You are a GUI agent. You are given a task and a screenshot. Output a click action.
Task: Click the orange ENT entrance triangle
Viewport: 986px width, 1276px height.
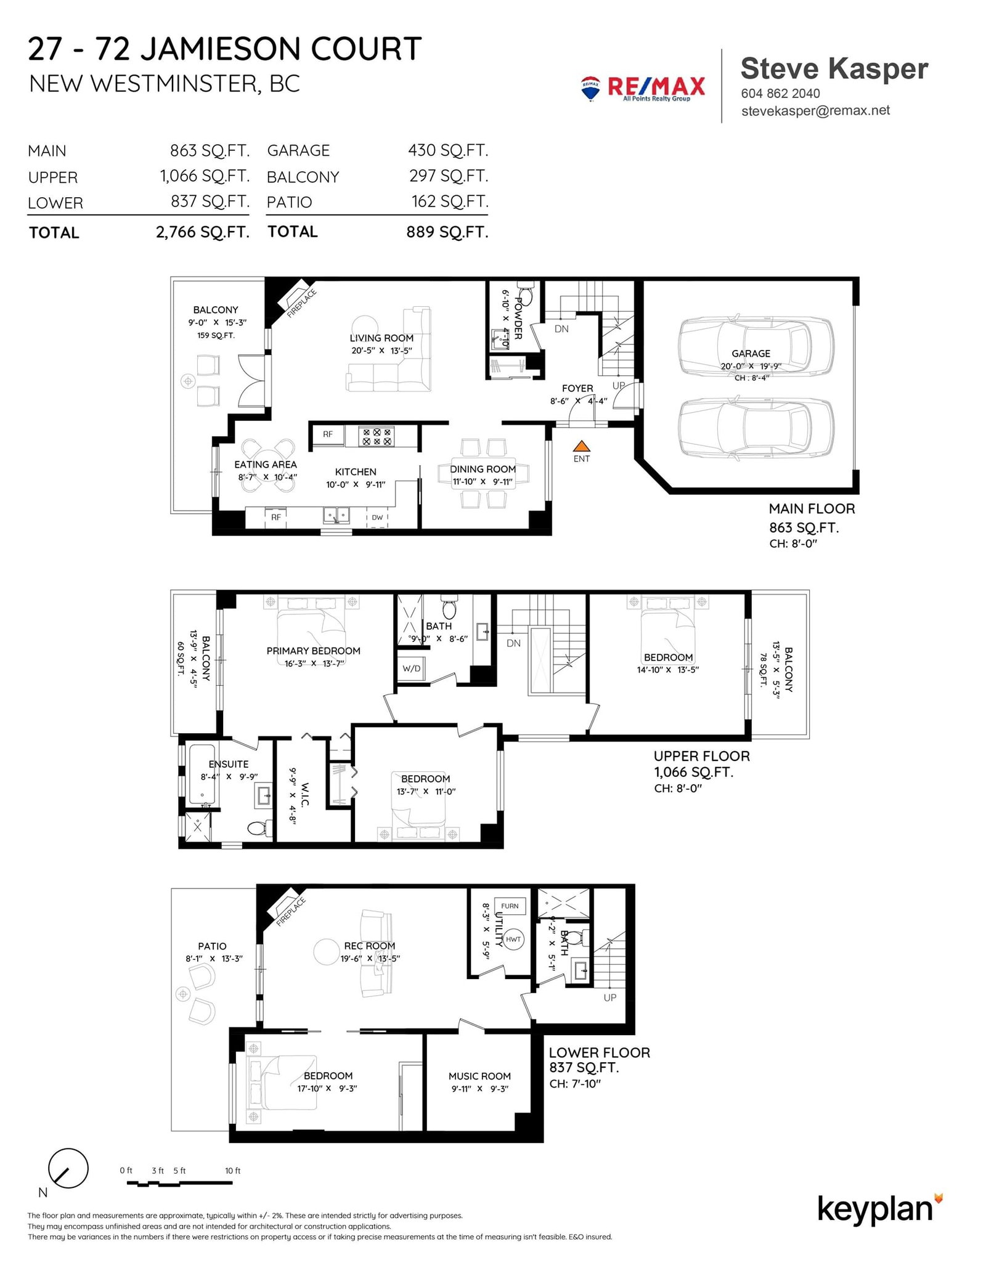point(581,447)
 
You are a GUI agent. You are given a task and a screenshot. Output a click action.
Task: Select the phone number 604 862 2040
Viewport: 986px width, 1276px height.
point(780,94)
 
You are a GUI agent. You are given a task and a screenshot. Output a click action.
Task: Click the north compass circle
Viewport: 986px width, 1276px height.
point(68,1168)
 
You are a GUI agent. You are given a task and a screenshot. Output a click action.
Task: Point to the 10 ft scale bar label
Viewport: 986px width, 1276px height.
point(233,1171)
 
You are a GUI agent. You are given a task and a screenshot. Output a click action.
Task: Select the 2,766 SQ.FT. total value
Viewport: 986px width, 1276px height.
point(203,232)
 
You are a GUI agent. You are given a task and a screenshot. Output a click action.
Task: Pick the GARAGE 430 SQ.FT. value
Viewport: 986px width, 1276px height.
point(448,150)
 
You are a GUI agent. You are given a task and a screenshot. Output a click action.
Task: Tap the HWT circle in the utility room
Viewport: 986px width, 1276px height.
point(513,940)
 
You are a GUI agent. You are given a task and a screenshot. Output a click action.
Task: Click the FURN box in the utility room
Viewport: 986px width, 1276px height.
point(510,906)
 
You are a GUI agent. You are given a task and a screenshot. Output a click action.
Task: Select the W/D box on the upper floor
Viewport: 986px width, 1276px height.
point(412,668)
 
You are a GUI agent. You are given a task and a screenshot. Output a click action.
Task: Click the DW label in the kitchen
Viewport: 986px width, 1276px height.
point(377,518)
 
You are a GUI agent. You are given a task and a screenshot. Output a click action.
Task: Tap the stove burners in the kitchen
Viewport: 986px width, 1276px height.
point(377,437)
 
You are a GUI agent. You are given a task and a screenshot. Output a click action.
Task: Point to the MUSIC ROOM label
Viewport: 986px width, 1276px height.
point(479,1076)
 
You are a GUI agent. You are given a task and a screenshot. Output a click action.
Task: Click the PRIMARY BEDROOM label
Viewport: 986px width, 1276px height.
point(314,651)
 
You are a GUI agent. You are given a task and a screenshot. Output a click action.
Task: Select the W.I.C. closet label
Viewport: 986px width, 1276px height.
point(306,795)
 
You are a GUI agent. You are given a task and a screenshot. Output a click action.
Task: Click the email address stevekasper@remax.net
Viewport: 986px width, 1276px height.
point(816,111)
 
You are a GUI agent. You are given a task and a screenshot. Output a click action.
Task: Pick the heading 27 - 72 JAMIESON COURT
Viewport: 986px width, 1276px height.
point(225,49)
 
